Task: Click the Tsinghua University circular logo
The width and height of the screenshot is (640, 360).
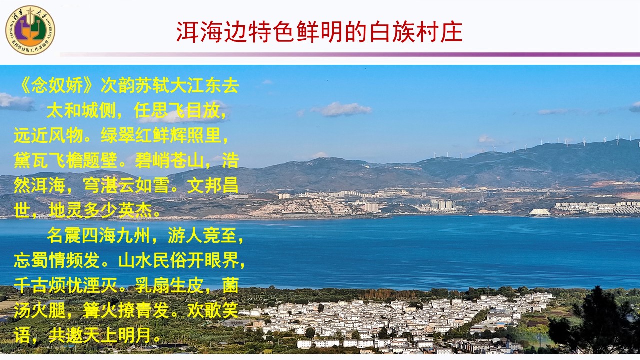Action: (x=30, y=30)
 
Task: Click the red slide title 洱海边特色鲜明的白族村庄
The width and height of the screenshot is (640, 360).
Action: (x=319, y=32)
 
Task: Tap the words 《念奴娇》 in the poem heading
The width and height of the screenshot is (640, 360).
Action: (x=56, y=85)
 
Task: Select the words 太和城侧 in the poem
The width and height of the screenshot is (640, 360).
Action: (x=81, y=110)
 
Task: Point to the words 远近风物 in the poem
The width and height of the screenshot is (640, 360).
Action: (x=48, y=135)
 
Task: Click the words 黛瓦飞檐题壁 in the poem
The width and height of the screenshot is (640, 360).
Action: (x=65, y=160)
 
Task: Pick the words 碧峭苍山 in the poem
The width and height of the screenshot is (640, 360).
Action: (x=169, y=160)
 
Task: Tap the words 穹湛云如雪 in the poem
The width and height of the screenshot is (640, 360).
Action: (x=126, y=185)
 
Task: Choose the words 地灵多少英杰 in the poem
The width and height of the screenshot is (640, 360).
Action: (x=100, y=210)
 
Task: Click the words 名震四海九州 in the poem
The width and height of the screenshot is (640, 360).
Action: (x=99, y=235)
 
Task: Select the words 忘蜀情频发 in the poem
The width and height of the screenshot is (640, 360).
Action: (x=57, y=260)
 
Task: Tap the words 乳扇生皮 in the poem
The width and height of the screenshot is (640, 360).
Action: (x=169, y=285)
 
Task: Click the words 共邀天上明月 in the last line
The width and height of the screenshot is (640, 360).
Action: (x=100, y=335)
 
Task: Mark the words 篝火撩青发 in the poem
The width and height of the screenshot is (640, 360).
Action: (x=126, y=310)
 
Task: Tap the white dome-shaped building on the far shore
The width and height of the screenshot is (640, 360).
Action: (x=539, y=212)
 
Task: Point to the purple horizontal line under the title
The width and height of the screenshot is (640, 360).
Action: (x=350, y=54)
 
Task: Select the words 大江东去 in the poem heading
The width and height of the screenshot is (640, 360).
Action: (x=204, y=85)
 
